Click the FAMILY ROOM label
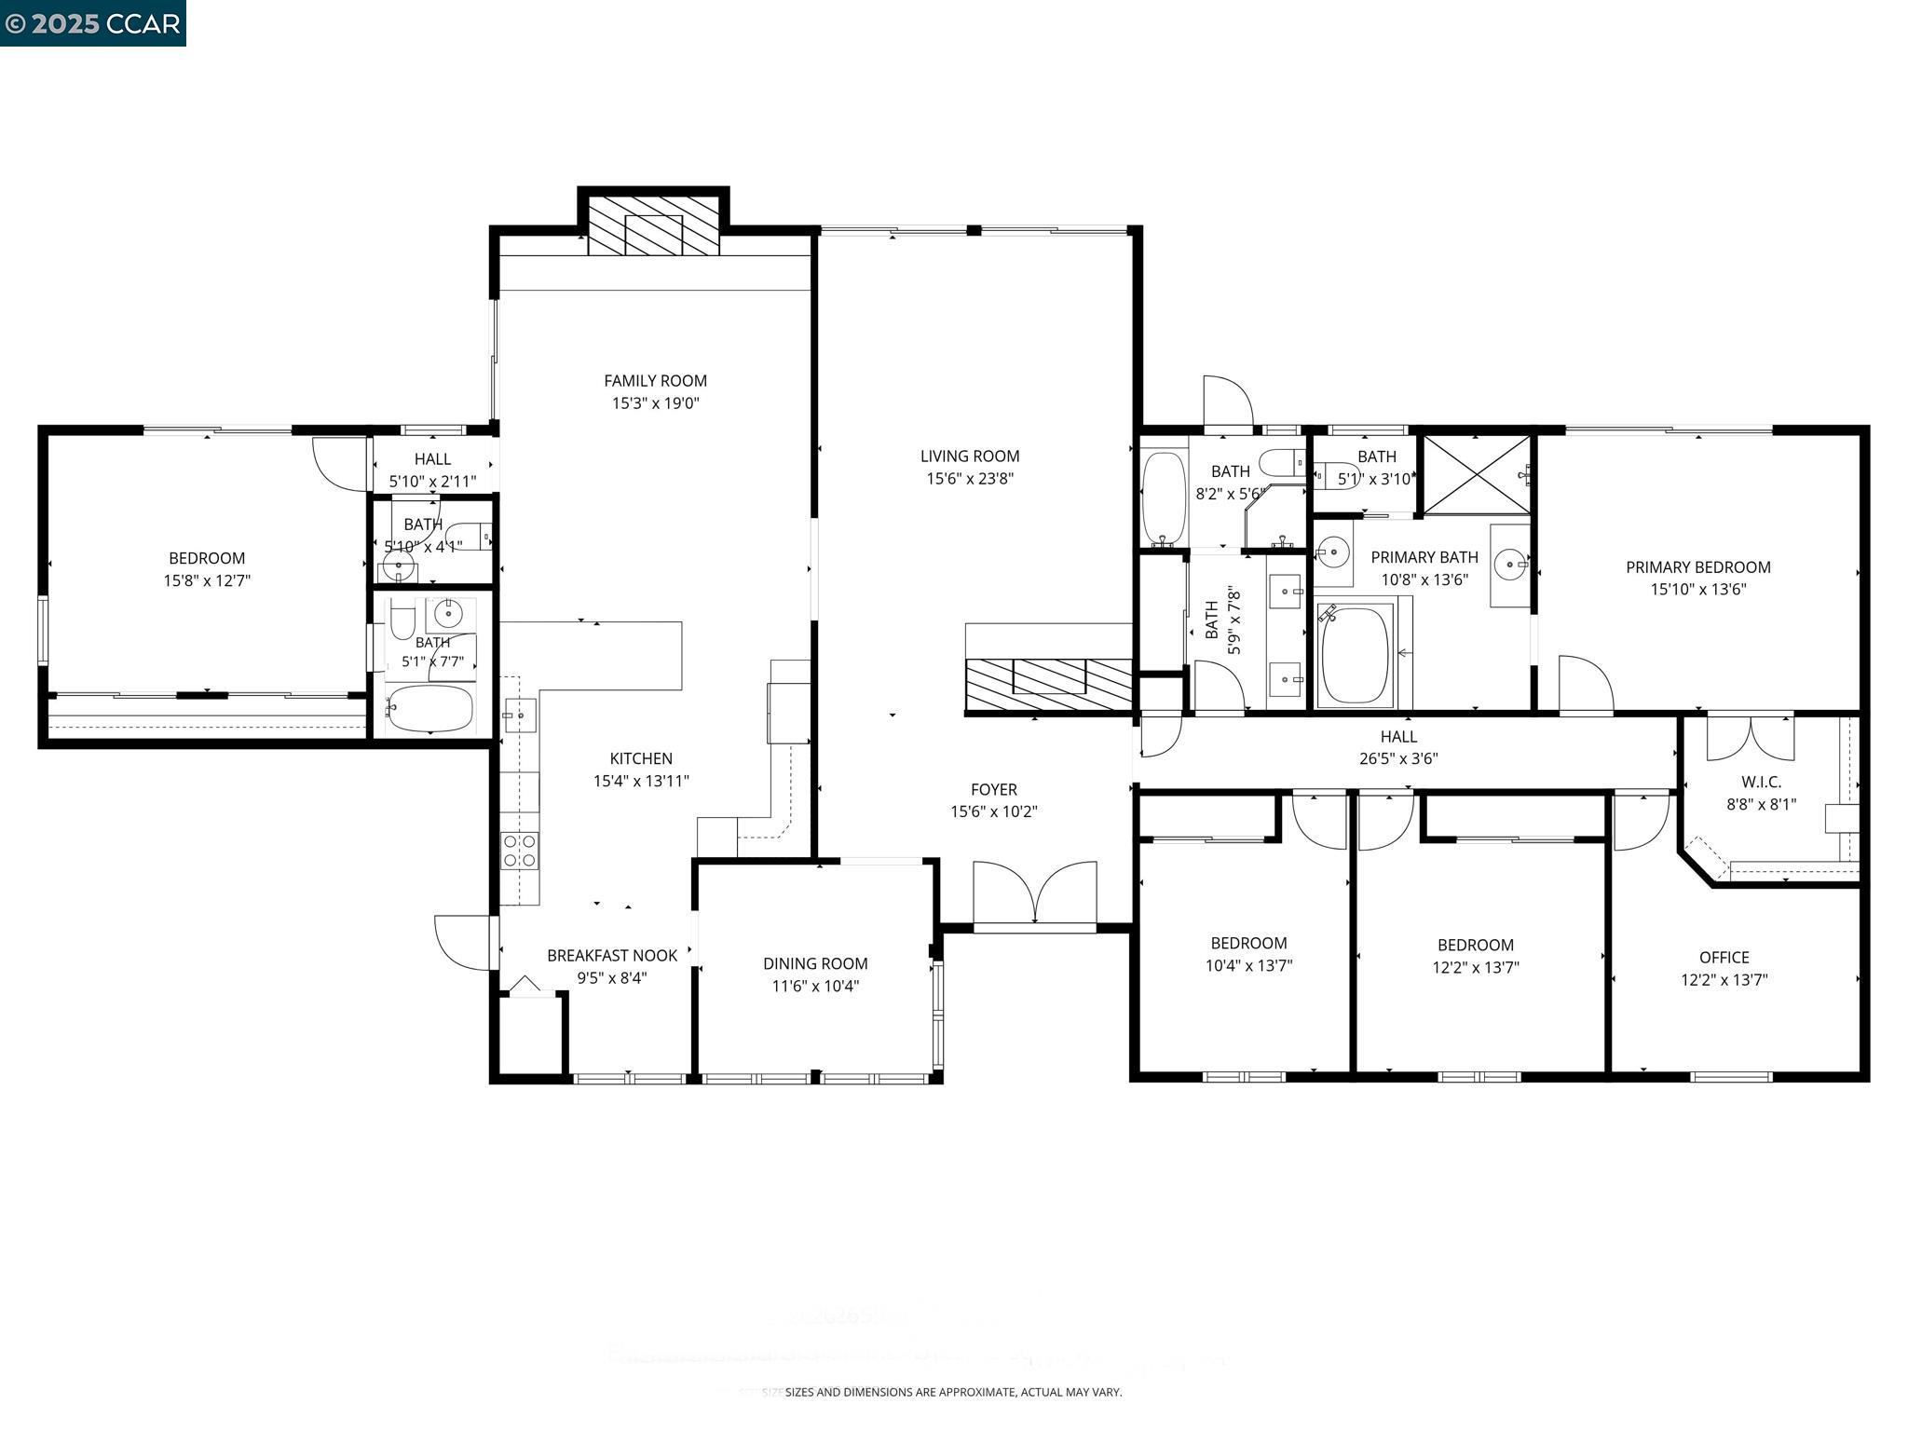(655, 380)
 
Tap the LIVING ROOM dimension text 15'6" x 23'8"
(969, 479)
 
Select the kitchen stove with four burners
(519, 850)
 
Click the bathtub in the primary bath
(1355, 655)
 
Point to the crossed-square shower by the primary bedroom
(1477, 473)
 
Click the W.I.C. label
(1760, 782)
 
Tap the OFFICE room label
(1724, 957)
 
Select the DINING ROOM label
(815, 963)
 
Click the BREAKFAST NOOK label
(612, 955)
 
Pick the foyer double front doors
(1034, 894)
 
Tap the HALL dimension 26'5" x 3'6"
(1397, 758)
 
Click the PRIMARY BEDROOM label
(1697, 566)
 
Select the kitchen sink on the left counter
(519, 715)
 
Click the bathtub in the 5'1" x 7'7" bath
(429, 709)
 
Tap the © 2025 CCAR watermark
(92, 22)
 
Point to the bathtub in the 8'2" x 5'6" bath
(1164, 497)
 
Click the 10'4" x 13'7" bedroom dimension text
(1248, 966)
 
